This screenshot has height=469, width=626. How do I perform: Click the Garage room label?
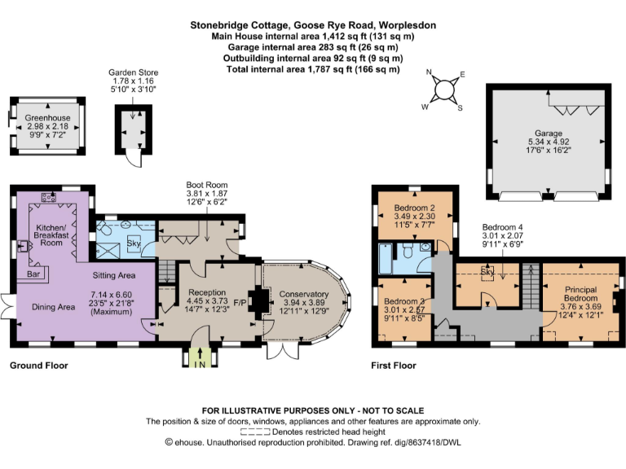pyautogui.click(x=549, y=134)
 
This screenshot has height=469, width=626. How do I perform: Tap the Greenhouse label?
pyautogui.click(x=47, y=117)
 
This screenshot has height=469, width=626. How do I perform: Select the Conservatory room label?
pyautogui.click(x=304, y=294)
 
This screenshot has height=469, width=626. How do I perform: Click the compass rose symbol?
pyautogui.click(x=443, y=90)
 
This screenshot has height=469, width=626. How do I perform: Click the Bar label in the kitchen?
pyautogui.click(x=33, y=274)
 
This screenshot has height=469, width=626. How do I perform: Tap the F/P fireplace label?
pyautogui.click(x=240, y=303)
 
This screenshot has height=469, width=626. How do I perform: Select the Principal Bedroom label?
pyautogui.click(x=581, y=294)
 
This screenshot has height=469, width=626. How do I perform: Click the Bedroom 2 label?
pyautogui.click(x=414, y=208)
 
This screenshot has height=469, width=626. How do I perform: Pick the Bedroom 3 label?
pyautogui.click(x=404, y=301)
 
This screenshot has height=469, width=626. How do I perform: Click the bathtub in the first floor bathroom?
pyautogui.click(x=386, y=258)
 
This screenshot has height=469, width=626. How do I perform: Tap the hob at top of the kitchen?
pyautogui.click(x=48, y=196)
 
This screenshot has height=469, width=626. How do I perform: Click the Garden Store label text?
pyautogui.click(x=134, y=72)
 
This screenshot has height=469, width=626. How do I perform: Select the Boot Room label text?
pyautogui.click(x=207, y=185)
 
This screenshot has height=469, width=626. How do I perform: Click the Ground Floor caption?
pyautogui.click(x=39, y=366)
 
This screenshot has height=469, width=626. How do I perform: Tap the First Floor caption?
pyautogui.click(x=394, y=366)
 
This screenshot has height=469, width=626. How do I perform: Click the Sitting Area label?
pyautogui.click(x=114, y=275)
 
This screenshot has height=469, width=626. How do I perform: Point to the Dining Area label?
pyautogui.click(x=54, y=307)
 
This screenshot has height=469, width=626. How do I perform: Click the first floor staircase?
pyautogui.click(x=531, y=286)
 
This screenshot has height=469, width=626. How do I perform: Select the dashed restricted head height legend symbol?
pyautogui.click(x=255, y=432)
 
